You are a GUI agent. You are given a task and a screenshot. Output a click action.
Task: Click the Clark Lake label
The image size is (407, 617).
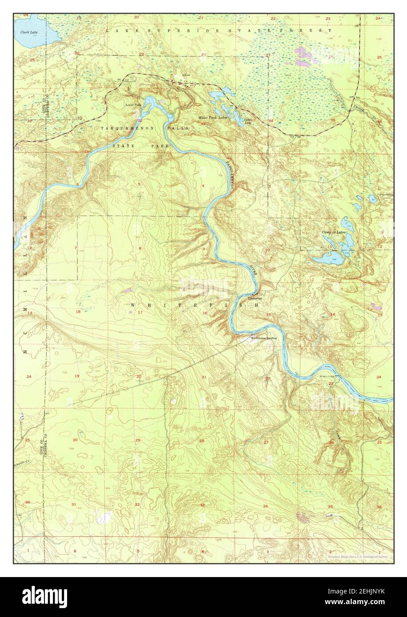point(28,32)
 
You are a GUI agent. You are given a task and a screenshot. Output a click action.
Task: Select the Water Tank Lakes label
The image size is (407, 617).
point(212,118)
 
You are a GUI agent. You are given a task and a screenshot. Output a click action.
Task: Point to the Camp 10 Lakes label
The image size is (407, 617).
point(334,232)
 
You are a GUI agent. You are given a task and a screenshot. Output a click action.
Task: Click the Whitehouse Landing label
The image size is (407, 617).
point(263,338)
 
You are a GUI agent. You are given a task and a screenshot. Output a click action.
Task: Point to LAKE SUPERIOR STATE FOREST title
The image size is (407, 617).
point(219,30)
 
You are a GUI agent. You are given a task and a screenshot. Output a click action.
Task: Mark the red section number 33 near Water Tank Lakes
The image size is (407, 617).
point(203,124)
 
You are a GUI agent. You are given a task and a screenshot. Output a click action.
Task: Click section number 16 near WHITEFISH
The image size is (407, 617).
point(205,313)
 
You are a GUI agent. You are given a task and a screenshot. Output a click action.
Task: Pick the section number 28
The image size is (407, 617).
point(201,441)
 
